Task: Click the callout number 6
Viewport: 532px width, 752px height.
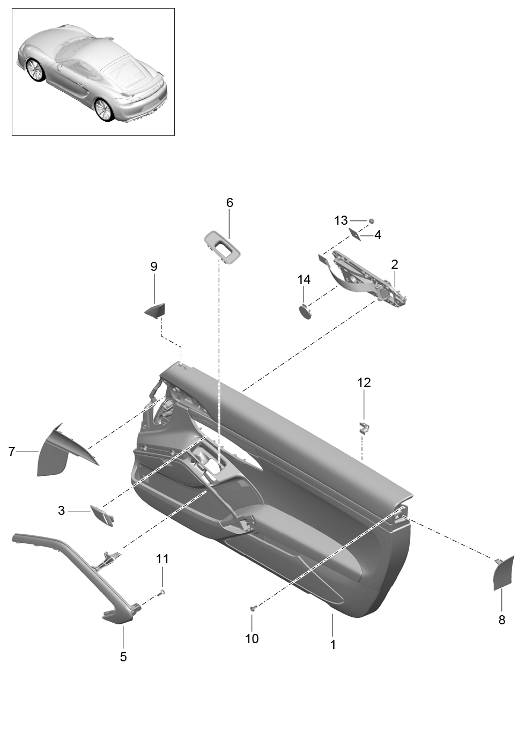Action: point(230,203)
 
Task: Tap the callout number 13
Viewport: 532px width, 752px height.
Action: point(341,220)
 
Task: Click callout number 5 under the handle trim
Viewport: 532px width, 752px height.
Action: point(123,657)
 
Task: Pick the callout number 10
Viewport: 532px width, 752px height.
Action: point(252,638)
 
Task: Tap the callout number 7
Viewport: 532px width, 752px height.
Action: point(12,452)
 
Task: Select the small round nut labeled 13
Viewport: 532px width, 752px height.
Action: point(371,220)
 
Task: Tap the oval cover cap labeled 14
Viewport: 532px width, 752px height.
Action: point(305,311)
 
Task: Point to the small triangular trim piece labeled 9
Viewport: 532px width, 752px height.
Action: point(156,309)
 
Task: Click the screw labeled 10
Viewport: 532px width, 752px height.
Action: point(254,608)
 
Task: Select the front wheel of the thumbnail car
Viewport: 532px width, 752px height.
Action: point(34,70)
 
